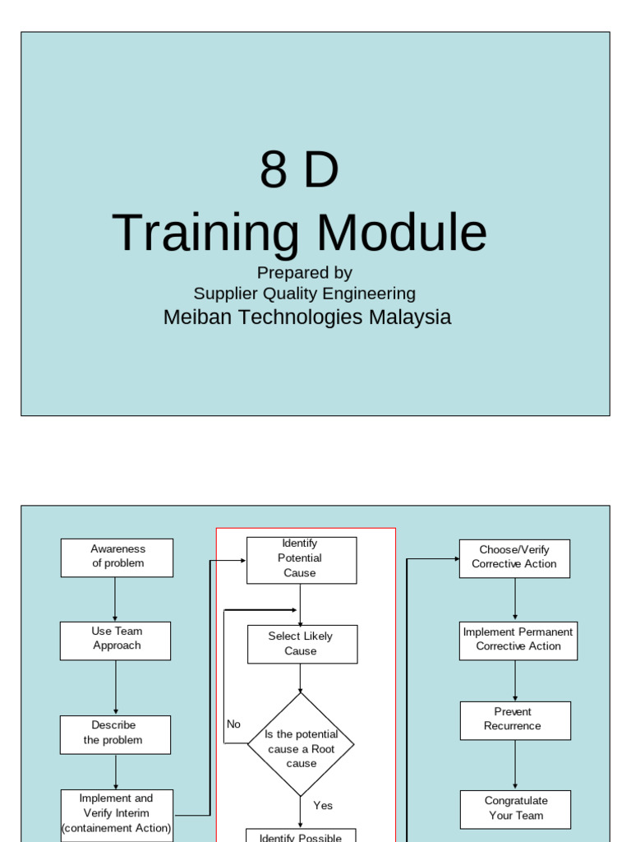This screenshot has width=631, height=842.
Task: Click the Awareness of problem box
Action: pos(117,557)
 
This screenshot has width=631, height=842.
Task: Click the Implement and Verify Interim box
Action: pos(117,814)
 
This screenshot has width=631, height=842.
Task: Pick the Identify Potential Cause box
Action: pos(302,560)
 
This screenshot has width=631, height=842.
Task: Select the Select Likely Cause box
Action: pos(302,644)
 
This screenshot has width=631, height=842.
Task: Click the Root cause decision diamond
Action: pos(301,745)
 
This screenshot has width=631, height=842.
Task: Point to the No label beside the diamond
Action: pos(234,724)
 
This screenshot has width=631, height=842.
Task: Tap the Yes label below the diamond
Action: pos(323,806)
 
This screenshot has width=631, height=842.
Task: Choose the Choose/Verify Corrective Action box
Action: pos(514,558)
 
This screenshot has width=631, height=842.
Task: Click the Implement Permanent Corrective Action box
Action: pos(518,641)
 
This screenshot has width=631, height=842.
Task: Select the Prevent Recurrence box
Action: pos(515,720)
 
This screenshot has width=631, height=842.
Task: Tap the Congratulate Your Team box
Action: pos(515,809)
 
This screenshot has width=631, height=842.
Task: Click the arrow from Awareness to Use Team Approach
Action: pos(115,599)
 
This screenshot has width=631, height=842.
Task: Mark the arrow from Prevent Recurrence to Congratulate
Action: pos(515,765)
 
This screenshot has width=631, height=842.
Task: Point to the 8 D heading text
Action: pos(299,170)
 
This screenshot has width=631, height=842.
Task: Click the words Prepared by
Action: pos(304,272)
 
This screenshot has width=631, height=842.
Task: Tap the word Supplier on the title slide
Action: pos(224,294)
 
